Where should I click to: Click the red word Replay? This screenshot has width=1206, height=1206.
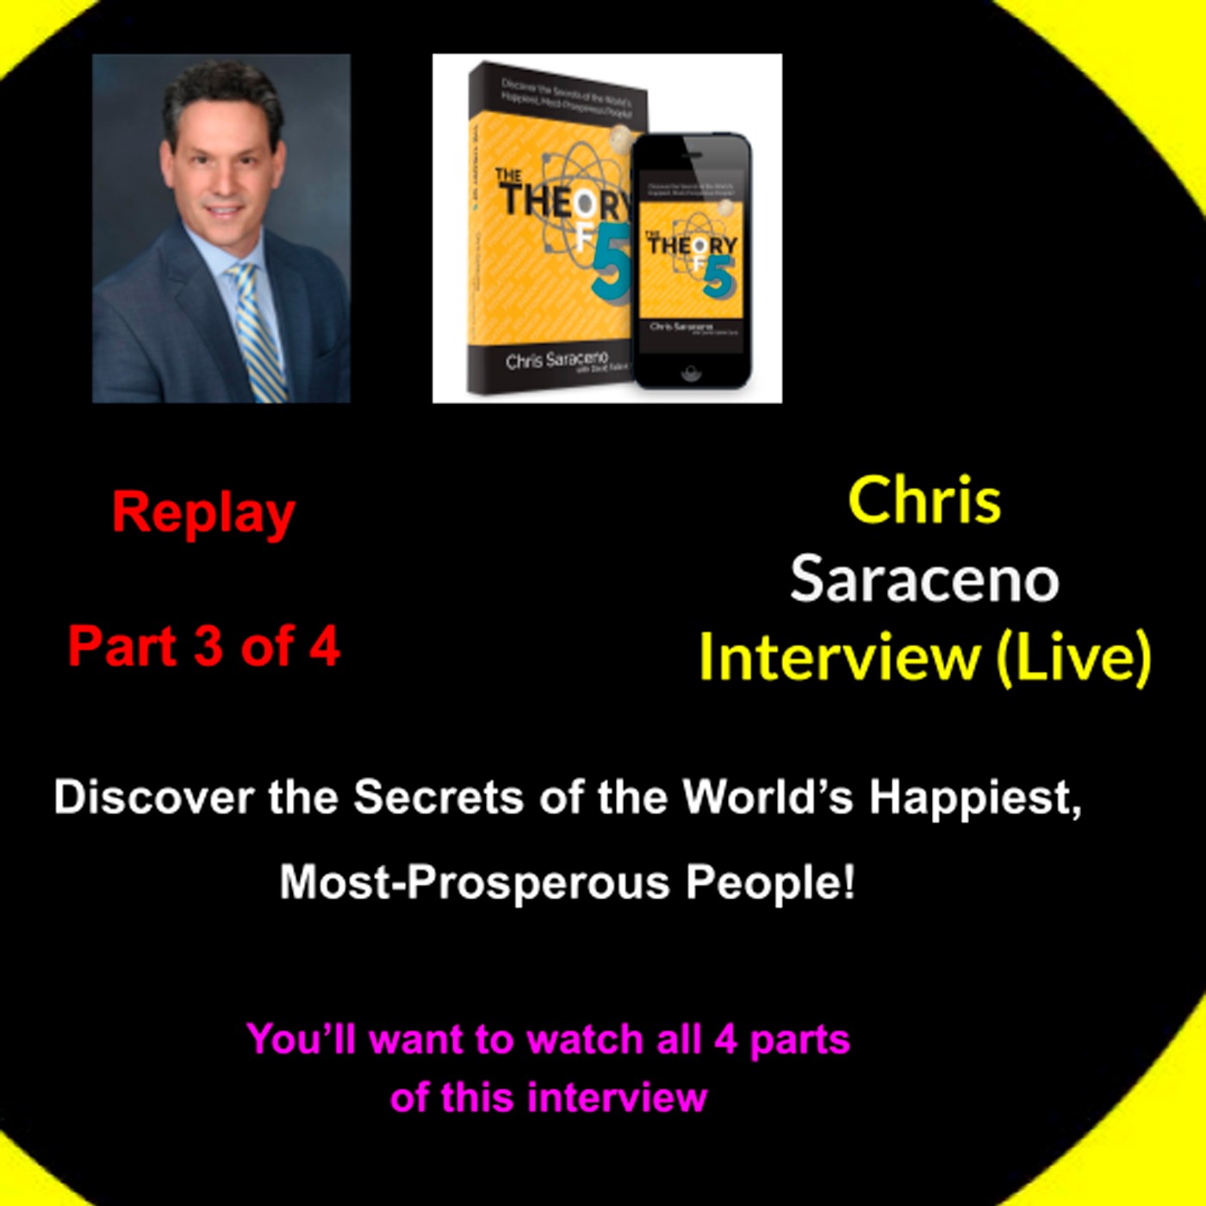pos(203,514)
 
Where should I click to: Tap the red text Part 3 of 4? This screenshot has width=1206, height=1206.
pos(204,646)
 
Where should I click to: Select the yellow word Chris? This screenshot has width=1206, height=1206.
pos(924,500)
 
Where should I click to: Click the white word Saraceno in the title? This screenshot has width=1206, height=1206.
pos(924,579)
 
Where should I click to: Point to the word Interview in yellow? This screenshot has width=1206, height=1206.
pos(839,657)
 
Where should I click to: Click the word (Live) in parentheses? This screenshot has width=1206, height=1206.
pos(1073,657)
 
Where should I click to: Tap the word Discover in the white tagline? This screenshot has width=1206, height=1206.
pos(155,797)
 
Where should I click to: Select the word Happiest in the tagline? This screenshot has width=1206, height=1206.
pos(974,799)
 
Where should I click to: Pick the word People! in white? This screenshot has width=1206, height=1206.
pos(770,882)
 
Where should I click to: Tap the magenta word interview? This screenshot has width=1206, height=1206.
pos(617,1097)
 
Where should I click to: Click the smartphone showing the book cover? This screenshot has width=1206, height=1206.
pos(691,258)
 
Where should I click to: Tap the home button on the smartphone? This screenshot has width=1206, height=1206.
pos(690,372)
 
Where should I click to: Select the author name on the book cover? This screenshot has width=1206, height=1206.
pos(556,359)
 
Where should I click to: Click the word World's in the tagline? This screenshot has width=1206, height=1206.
pos(768,797)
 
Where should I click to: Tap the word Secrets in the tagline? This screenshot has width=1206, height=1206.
pos(438,797)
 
